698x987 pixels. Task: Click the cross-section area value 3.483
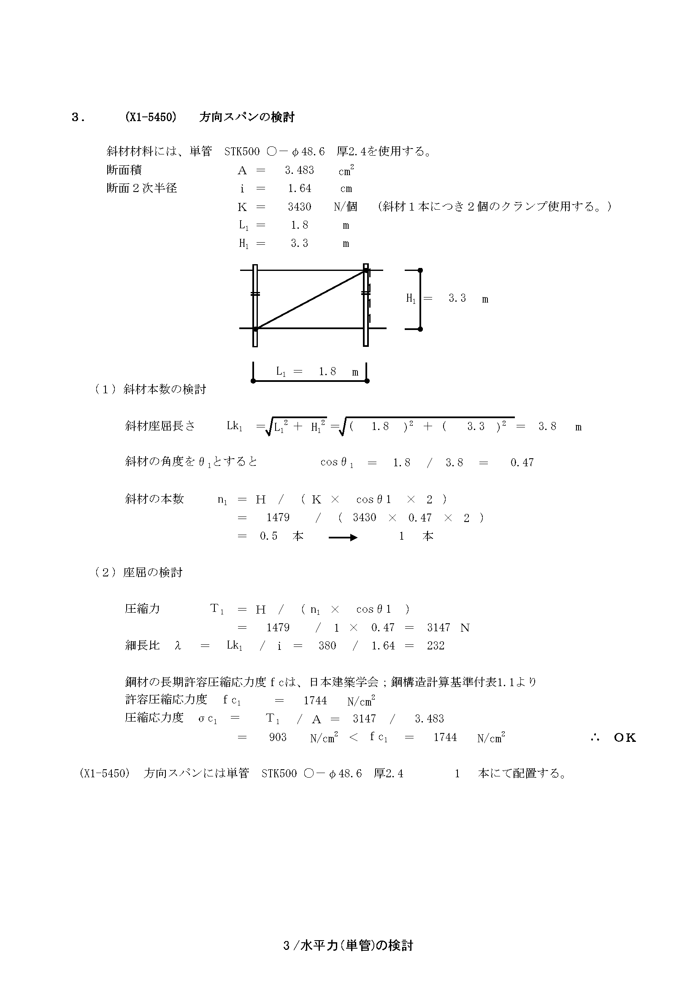[x=299, y=170]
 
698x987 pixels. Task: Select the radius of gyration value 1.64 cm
[x=300, y=188]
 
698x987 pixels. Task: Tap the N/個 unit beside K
[x=345, y=207]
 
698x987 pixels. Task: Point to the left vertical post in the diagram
[x=255, y=305]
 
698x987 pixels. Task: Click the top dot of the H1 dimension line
[x=420, y=270]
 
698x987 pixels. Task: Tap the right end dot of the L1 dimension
[x=367, y=381]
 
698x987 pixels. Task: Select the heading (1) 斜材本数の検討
[x=150, y=389]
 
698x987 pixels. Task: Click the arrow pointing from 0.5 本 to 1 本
[x=343, y=537]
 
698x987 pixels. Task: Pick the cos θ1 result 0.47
[x=522, y=462]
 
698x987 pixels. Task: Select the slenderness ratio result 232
[x=436, y=646]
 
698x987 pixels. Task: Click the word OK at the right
[x=625, y=738]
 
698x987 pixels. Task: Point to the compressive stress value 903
[x=278, y=737]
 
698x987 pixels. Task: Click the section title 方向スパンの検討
[x=247, y=117]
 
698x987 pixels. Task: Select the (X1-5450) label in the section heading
[x=150, y=117]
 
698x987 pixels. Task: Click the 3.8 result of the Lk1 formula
[x=547, y=427]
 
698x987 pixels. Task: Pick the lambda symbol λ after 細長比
[x=178, y=646]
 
